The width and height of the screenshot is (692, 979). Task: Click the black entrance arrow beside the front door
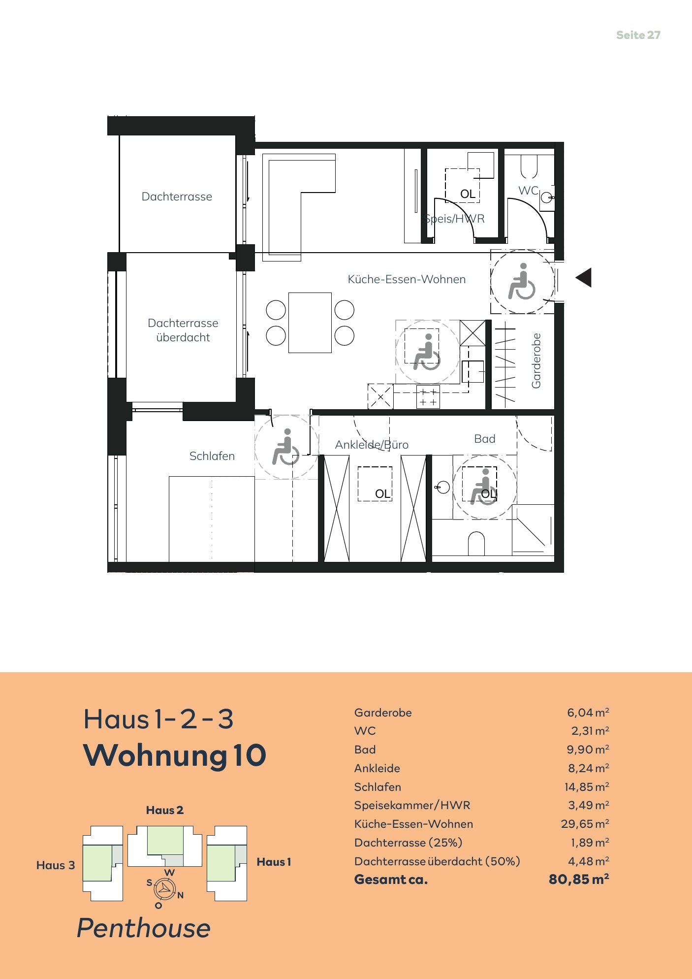tap(584, 278)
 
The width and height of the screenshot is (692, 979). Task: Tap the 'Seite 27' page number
tap(638, 35)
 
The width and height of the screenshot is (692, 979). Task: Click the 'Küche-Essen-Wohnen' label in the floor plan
tap(407, 279)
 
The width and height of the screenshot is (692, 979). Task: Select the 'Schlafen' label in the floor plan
tap(212, 456)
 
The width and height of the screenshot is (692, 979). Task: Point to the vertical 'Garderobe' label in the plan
tap(536, 360)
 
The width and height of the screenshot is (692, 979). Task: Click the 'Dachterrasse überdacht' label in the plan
tap(183, 330)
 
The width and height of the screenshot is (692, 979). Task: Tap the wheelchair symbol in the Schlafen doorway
tap(285, 447)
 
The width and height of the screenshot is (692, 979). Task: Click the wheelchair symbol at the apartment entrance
tap(522, 281)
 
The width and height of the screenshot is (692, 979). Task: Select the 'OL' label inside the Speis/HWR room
tap(468, 194)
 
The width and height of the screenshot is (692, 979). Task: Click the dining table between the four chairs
tap(310, 323)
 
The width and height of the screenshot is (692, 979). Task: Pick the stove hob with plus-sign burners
tap(428, 397)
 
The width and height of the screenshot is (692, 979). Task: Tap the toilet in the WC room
tap(529, 166)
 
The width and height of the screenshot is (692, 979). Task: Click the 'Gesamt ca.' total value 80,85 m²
tap(579, 879)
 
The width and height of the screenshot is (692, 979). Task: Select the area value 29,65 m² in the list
tap(585, 823)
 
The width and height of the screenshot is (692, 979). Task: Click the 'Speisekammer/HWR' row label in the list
tap(412, 805)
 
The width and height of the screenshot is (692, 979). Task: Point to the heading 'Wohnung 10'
tap(175, 755)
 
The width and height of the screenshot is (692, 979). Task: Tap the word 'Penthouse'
tap(144, 928)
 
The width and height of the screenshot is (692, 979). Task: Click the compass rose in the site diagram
tap(164, 889)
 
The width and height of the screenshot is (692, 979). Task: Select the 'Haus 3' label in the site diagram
tap(56, 865)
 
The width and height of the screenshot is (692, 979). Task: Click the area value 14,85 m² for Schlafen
tap(587, 787)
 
